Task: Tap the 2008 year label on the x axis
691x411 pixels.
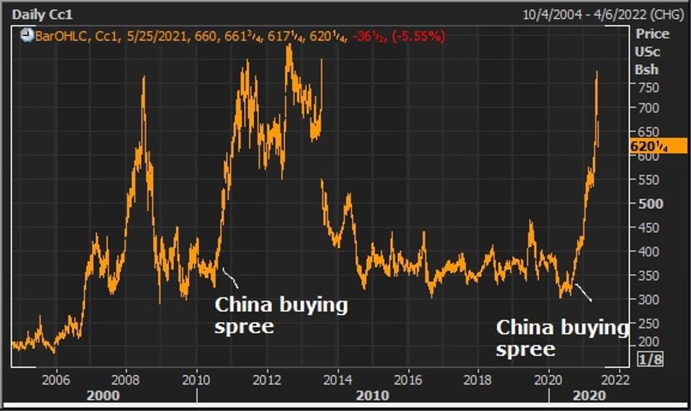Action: (126, 379)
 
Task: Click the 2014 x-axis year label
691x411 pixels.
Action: (337, 379)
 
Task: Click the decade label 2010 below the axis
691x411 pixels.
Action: (372, 395)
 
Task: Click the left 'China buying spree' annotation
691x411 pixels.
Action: (281, 315)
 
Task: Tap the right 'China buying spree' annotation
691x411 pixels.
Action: (562, 338)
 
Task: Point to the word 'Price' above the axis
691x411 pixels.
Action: (651, 34)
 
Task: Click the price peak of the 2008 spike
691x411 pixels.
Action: (144, 77)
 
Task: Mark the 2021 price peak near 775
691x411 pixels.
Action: (597, 72)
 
